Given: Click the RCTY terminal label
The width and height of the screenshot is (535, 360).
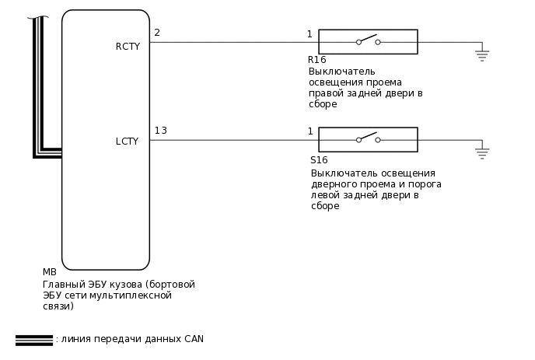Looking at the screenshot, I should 128,47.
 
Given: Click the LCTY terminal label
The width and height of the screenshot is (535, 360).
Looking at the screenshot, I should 127,142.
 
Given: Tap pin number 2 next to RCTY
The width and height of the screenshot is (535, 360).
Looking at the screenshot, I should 157,33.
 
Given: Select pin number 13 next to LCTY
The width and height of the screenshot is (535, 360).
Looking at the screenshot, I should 160,131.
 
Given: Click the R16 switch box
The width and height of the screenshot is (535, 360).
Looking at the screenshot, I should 368,42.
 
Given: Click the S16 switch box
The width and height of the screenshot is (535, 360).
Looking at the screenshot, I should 368,140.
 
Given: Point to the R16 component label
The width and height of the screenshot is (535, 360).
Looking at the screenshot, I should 316,60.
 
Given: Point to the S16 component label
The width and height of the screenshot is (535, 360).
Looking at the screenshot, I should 319,159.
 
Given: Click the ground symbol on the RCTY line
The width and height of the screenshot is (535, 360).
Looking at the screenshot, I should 482,55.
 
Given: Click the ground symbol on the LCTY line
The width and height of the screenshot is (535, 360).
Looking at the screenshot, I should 482,153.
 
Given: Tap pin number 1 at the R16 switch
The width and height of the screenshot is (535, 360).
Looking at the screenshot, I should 309,34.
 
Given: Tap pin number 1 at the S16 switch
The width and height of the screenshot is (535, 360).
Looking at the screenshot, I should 310,132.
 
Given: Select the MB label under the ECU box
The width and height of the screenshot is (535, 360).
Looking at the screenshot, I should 49,273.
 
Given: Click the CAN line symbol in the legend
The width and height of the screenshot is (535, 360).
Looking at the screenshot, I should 33,340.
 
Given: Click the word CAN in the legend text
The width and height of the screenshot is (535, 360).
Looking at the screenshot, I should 194,340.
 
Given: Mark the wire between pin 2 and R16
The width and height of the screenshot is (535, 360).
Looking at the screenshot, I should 233,42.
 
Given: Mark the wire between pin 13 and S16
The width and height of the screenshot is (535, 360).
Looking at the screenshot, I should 233,140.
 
